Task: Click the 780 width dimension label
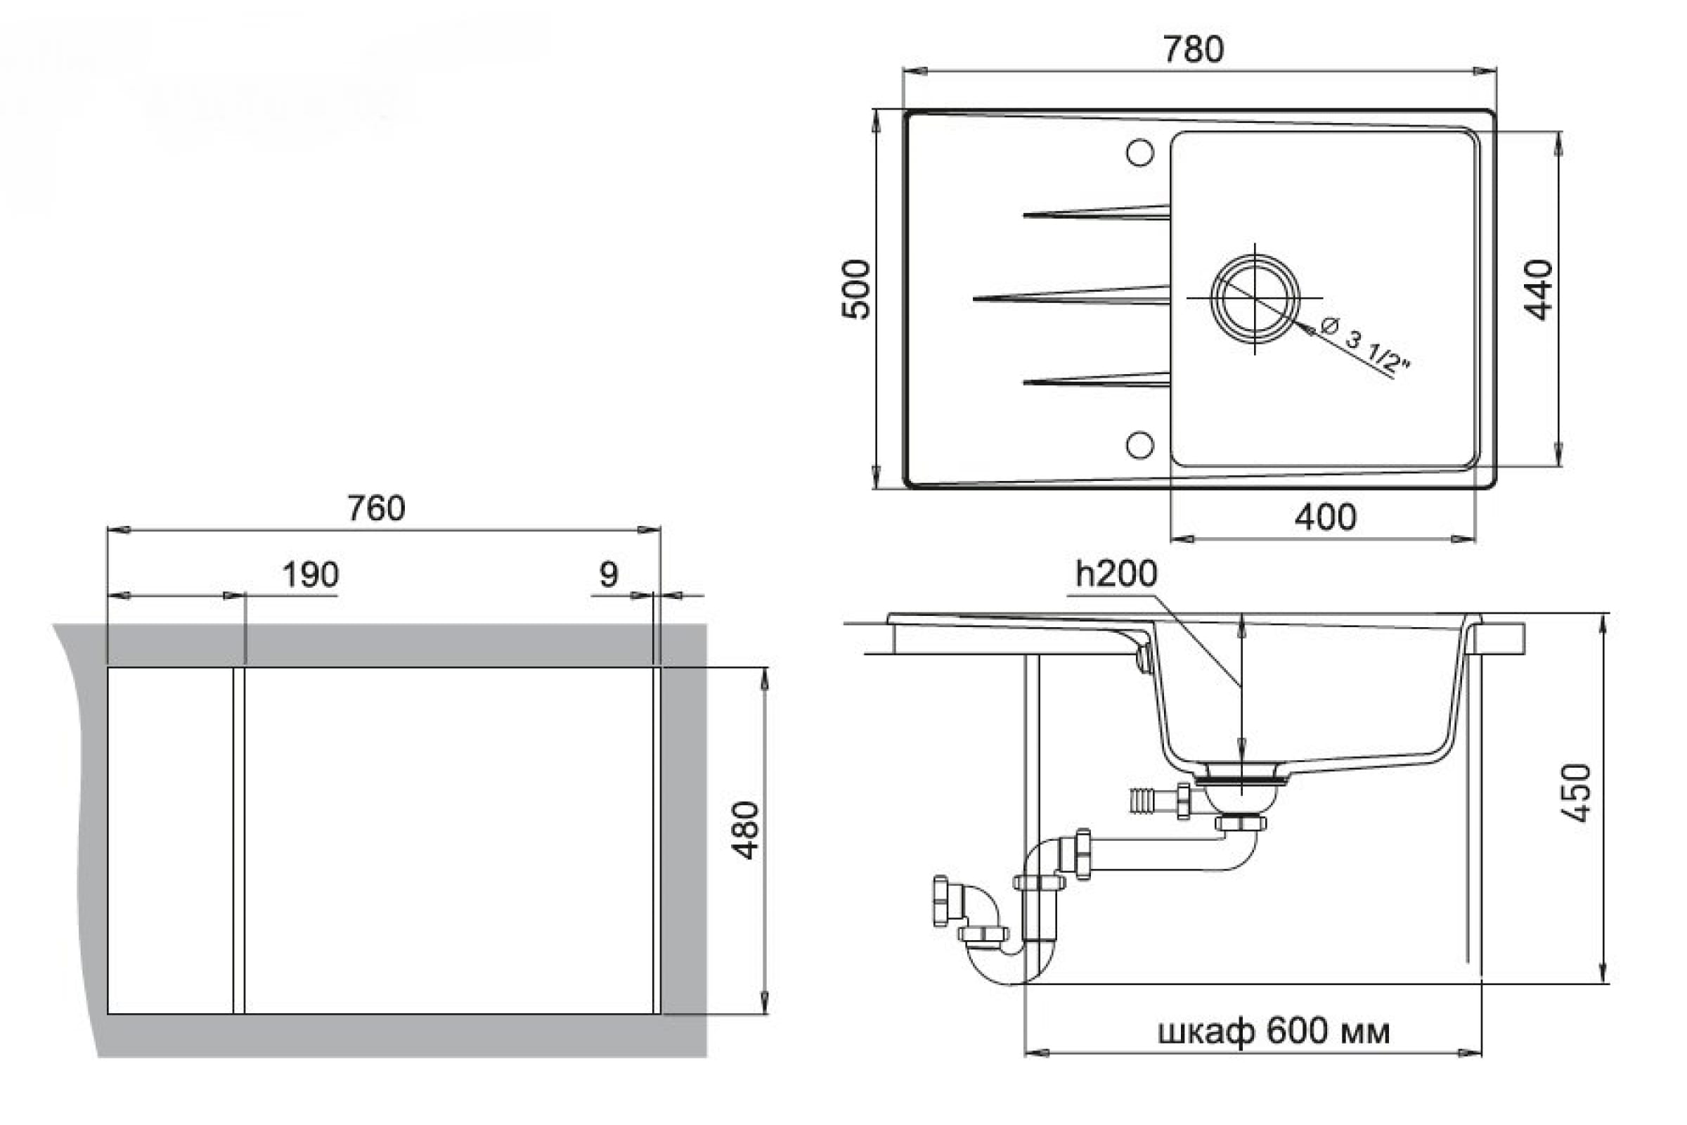pos(1193,49)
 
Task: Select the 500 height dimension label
pos(855,289)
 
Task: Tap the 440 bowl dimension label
pos(1539,290)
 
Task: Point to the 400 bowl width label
pos(1326,517)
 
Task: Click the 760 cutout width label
pos(376,508)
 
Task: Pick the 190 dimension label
pos(310,574)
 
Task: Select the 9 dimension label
pos(608,574)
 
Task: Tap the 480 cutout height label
pos(745,830)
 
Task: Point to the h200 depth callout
pos(1116,573)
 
